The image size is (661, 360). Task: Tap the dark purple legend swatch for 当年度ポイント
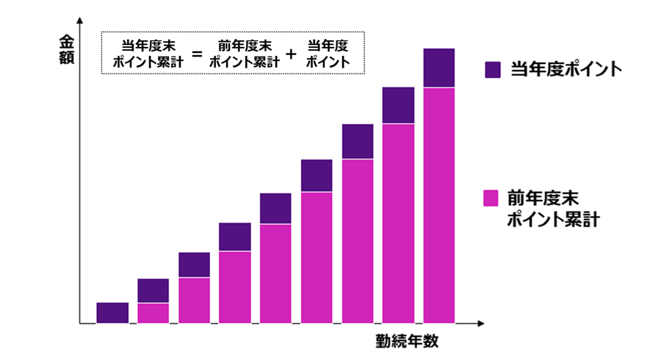coord(492,70)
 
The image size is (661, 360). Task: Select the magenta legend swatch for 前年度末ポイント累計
coord(492,198)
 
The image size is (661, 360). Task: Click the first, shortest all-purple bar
coord(112,313)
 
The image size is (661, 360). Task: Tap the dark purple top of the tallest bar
coord(439,68)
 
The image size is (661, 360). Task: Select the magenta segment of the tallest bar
coord(439,206)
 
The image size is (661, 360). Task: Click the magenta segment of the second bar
coord(153,313)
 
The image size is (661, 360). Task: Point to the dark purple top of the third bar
coord(195,264)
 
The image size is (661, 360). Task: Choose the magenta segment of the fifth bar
coord(275,273)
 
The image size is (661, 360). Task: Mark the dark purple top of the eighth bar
coord(398,105)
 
